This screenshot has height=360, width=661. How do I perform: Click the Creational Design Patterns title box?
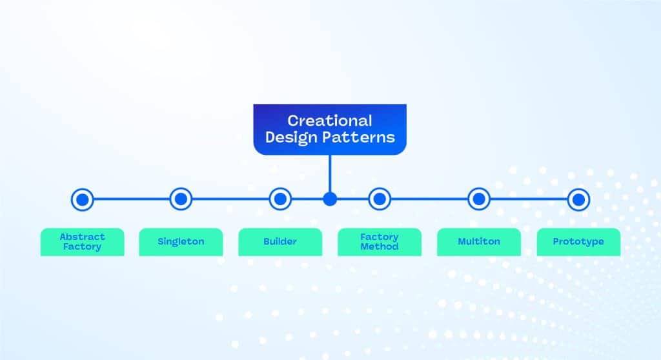[330, 130]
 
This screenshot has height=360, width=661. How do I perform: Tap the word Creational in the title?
[330, 121]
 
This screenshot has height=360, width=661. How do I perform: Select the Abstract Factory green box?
[82, 242]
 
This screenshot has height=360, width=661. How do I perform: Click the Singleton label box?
[181, 242]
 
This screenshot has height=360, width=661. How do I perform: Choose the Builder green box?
[280, 242]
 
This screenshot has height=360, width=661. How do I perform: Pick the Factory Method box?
[380, 242]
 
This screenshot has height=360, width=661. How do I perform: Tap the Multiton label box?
[479, 242]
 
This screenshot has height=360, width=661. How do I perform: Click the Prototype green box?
[578, 242]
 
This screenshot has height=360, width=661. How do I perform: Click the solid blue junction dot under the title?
[330, 199]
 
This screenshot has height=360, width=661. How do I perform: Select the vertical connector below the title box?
[330, 174]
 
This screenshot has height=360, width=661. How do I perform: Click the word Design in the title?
[291, 137]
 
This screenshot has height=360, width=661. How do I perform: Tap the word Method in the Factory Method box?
[380, 246]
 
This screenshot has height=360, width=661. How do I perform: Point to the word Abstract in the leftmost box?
[82, 237]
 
